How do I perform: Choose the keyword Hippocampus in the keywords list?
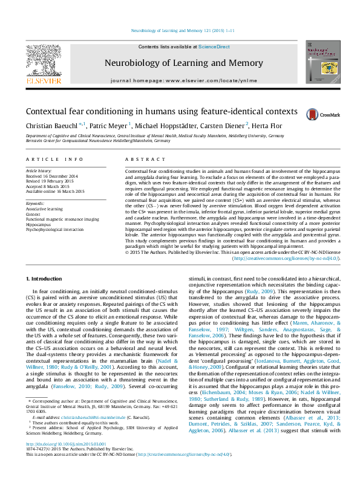point(39,223)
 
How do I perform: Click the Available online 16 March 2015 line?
point(55,191)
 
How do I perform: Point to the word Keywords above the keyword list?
point(35,204)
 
